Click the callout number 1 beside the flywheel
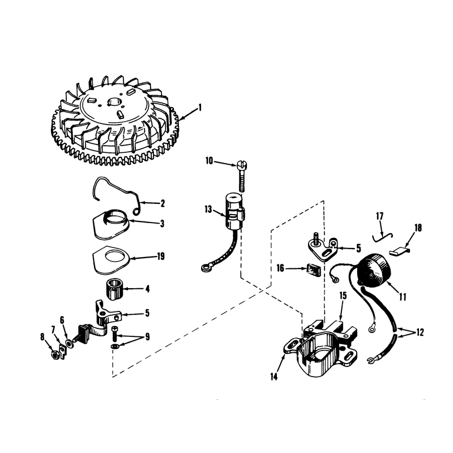pos(199,108)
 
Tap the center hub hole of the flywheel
pos(115,102)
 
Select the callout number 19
pos(161,256)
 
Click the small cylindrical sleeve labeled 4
pos(114,289)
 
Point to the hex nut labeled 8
pos(54,354)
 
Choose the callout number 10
pos(210,161)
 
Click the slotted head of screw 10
pos(242,165)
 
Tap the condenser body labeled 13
pos(234,211)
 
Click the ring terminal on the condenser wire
pos(206,268)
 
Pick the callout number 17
pos(379,216)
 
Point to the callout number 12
pos(420,332)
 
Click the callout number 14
pos(274,377)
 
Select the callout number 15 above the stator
pos(343,296)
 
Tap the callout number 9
pos(147,337)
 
